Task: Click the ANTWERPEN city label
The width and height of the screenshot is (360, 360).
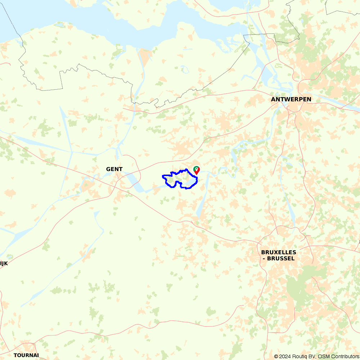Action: (x=292, y=99)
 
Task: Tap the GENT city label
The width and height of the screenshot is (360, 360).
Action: (x=114, y=169)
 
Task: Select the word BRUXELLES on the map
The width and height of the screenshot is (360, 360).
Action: (x=279, y=252)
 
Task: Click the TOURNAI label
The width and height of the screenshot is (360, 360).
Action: (x=26, y=355)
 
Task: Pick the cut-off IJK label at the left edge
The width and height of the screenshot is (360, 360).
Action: (x=4, y=263)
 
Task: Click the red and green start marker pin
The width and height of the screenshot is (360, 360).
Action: (x=197, y=170)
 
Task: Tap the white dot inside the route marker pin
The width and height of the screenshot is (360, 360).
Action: (x=197, y=168)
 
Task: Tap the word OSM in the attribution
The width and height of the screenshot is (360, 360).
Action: (x=320, y=356)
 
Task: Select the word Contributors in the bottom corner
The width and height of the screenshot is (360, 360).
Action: (x=343, y=356)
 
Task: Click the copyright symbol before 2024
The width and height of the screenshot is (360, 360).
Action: (x=276, y=356)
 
